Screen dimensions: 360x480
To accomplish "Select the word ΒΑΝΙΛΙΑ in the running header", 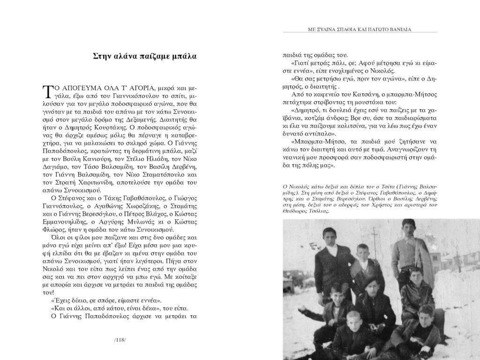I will (x=400, y=30).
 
